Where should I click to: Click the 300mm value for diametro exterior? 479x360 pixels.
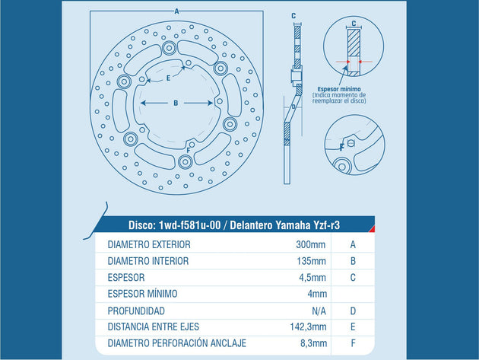[x=311, y=244]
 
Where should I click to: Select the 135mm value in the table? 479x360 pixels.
[x=311, y=261]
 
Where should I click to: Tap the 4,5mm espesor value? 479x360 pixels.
[x=312, y=278]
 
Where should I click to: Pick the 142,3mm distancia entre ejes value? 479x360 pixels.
[x=308, y=327]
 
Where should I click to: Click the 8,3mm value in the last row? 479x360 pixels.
[x=313, y=343]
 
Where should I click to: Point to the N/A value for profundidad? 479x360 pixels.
[x=319, y=311]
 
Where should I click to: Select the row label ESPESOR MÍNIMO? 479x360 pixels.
[x=142, y=294]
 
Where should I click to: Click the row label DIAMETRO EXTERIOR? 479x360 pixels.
[x=149, y=244]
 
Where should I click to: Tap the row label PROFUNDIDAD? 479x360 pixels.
[x=136, y=311]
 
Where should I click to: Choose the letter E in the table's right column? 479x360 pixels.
[x=353, y=327]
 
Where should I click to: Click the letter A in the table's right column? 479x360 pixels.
[x=353, y=244]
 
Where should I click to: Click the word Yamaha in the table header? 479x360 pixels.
[x=293, y=225]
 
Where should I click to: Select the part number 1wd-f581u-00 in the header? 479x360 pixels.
[x=189, y=225]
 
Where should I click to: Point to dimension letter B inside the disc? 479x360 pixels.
[x=176, y=103]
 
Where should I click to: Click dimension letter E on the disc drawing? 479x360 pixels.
[x=168, y=78]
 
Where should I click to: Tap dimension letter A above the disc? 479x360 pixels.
[x=176, y=11]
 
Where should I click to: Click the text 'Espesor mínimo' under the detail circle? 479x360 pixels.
[x=339, y=89]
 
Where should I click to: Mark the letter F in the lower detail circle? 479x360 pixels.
[x=342, y=147]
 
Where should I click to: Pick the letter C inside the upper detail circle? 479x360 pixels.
[x=354, y=24]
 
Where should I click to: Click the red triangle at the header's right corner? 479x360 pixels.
[x=373, y=229]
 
